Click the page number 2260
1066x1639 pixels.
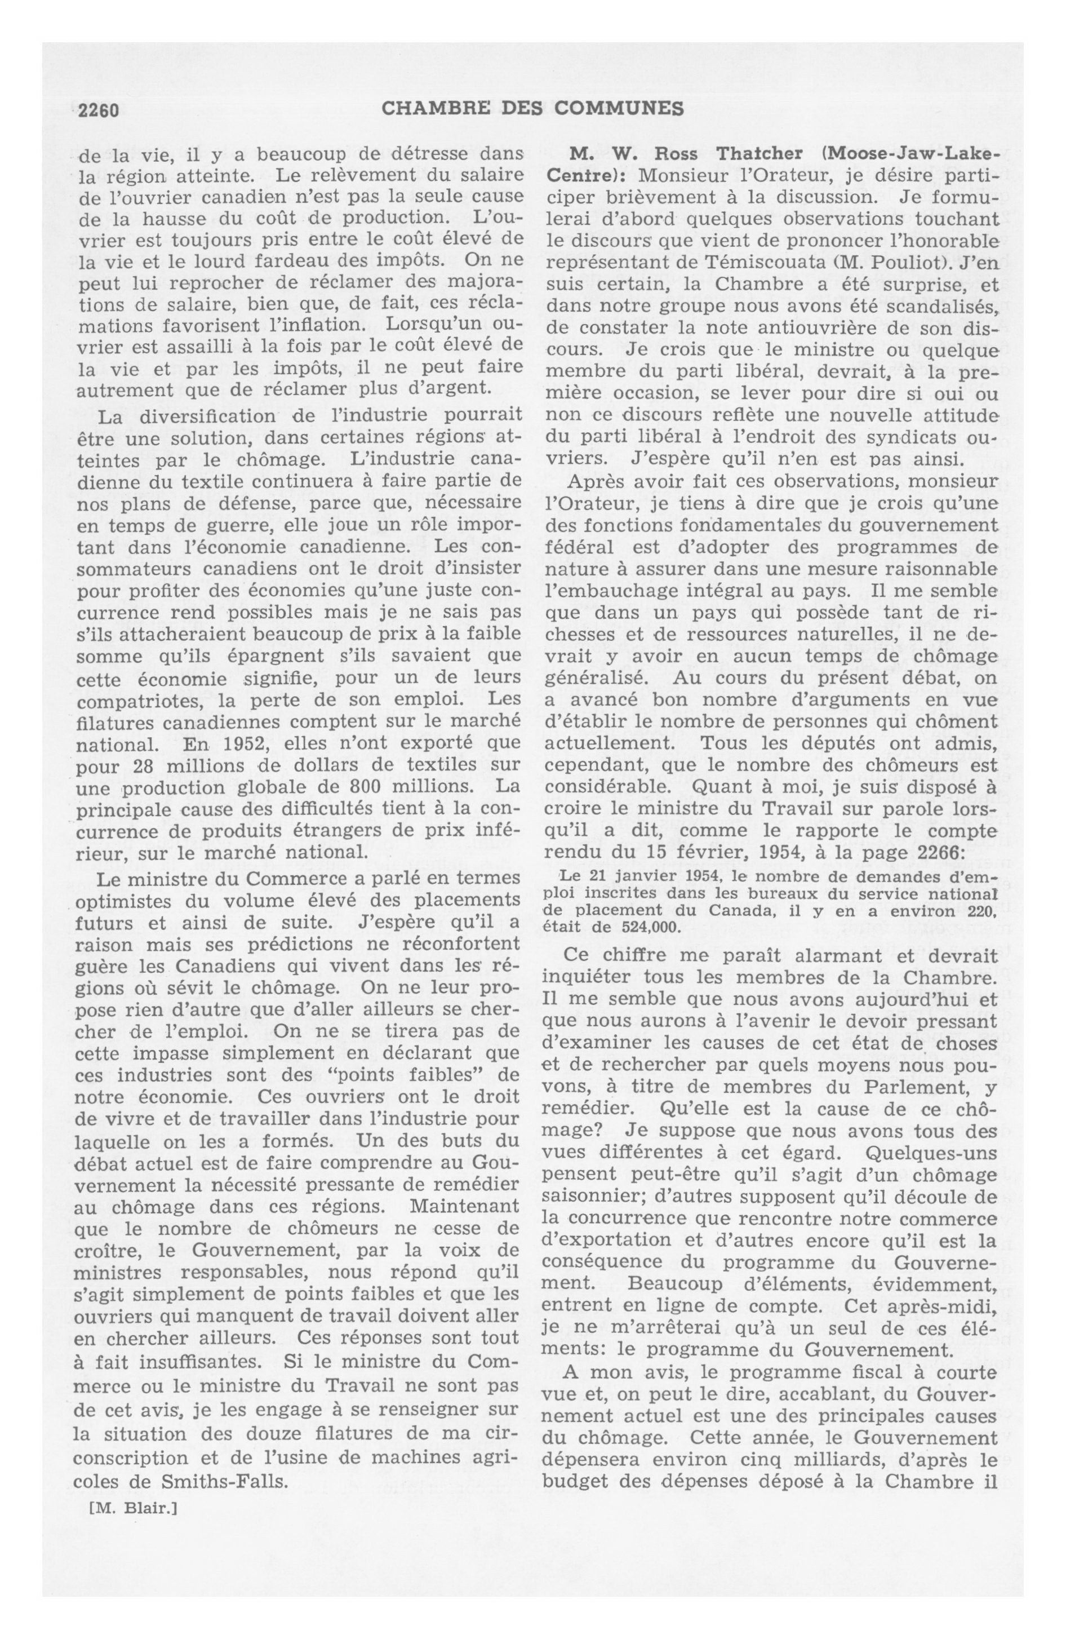click(x=99, y=110)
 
